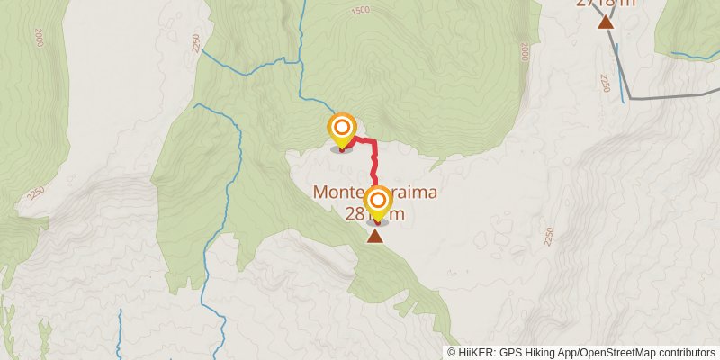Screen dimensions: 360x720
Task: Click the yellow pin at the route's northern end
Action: pos(342,129)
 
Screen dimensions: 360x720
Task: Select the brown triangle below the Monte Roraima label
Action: pos(374,236)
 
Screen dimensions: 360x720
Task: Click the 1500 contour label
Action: pos(360,10)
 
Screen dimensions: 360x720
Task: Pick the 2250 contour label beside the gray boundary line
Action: pos(606,83)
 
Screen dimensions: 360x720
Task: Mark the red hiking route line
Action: pos(373,162)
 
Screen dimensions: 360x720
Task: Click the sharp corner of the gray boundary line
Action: pos(630,97)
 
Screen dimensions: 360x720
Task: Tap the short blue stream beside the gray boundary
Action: pos(623,85)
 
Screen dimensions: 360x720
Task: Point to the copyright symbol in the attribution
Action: pos(452,352)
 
